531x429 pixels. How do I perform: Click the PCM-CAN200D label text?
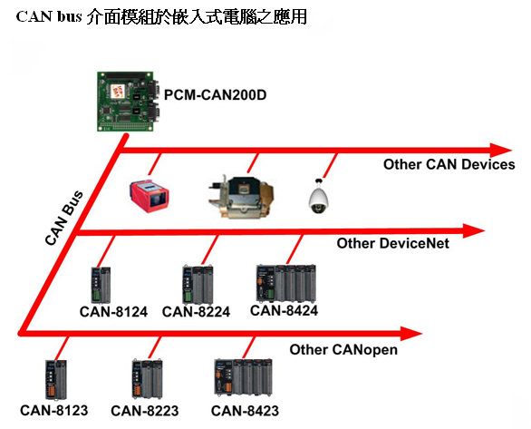tap(215, 95)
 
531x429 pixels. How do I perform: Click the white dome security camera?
tap(318, 197)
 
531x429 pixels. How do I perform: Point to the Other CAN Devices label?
tap(449, 164)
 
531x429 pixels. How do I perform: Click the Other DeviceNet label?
tap(393, 243)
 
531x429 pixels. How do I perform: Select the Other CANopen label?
tap(343, 350)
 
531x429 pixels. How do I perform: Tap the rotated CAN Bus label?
tap(64, 218)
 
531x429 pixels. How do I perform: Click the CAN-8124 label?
tap(113, 312)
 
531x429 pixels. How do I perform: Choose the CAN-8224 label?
tap(196, 312)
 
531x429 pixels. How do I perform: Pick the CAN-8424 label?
tap(285, 311)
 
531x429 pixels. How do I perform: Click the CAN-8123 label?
tap(54, 410)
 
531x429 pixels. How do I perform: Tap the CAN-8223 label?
tap(145, 411)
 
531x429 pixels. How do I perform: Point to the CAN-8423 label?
tap(245, 411)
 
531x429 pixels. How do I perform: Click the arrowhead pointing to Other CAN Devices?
tap(500, 151)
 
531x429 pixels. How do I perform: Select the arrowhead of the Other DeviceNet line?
tap(473, 231)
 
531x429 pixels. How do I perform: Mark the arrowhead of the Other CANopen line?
tap(411, 334)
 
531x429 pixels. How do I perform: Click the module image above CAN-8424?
tap(286, 283)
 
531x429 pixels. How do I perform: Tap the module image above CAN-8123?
tap(56, 379)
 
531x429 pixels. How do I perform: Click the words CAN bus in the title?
tap(49, 16)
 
